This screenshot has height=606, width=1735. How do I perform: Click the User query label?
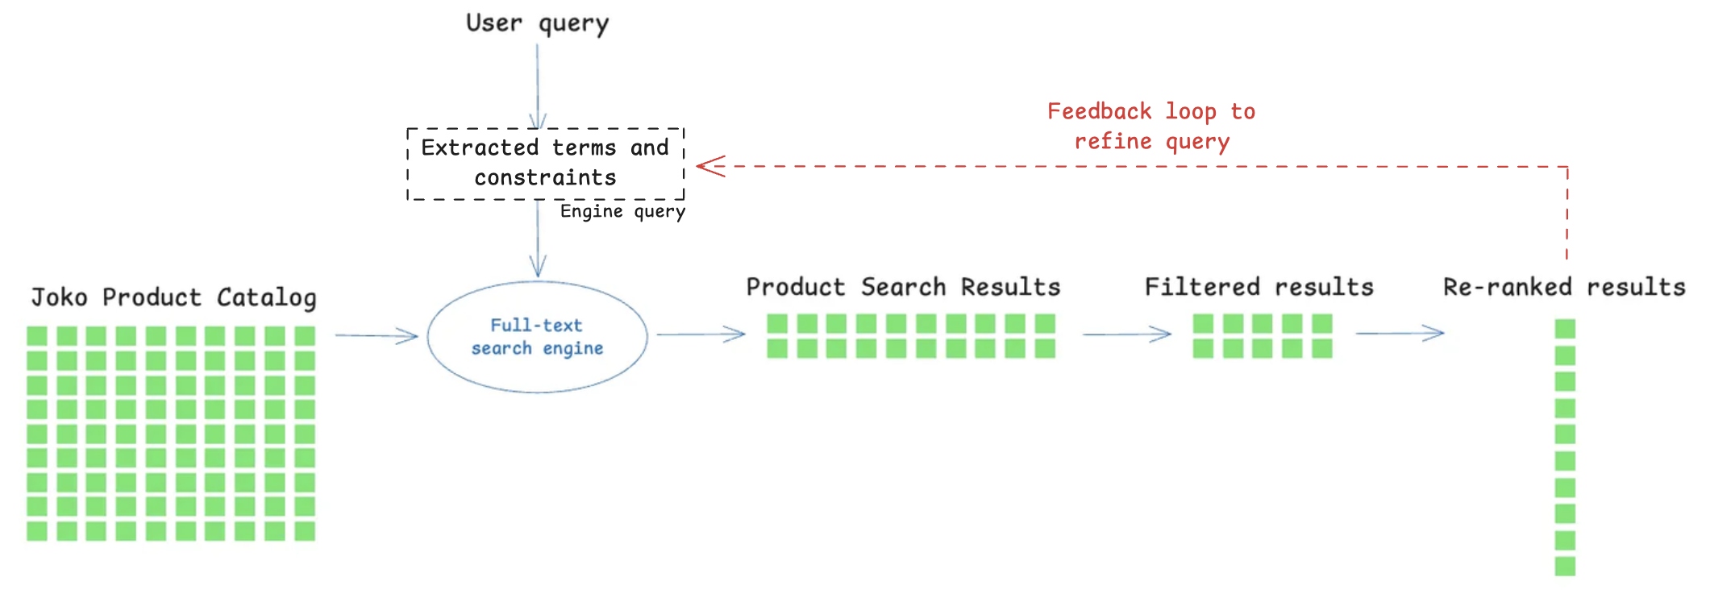(537, 24)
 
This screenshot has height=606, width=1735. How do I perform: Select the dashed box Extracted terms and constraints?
(546, 164)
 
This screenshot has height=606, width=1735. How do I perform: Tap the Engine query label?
(622, 212)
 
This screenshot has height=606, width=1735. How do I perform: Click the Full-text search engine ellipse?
(537, 337)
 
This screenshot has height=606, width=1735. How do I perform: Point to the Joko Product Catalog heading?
(173, 298)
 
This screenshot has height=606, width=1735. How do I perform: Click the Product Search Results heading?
(903, 288)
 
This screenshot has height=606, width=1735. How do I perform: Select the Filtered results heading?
(1259, 288)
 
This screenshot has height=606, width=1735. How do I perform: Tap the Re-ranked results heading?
(1564, 288)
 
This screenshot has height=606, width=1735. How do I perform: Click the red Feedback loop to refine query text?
(1151, 127)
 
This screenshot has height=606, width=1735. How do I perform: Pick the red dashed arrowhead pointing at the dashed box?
(709, 167)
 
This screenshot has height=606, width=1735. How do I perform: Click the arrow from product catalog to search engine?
(376, 335)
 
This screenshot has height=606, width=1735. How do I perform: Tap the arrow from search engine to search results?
(700, 334)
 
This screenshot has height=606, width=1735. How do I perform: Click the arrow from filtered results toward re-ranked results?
(1399, 333)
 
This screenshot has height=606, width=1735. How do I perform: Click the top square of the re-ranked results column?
(1565, 329)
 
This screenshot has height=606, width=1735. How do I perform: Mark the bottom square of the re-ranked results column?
(1565, 566)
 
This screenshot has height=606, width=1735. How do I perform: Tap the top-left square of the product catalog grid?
(37, 336)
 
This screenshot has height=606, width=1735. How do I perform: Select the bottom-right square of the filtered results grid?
(1321, 348)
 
